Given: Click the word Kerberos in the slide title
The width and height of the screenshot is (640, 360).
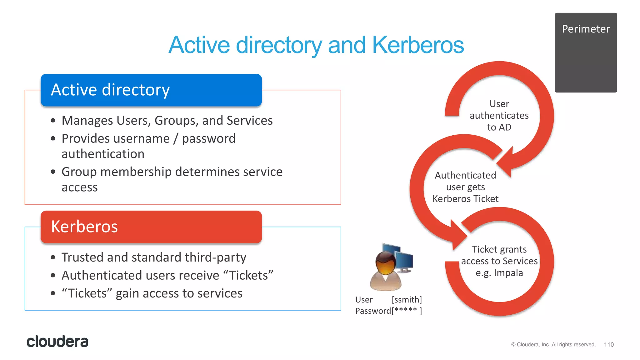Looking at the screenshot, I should pos(418,45).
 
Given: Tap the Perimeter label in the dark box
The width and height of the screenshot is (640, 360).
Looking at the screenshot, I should pos(586,29).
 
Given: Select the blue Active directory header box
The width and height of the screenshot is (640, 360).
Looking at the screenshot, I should pos(151,90).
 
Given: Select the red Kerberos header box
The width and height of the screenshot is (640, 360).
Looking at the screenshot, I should pos(151,227).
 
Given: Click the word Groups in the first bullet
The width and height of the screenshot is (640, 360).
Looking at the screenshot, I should pos(176,121).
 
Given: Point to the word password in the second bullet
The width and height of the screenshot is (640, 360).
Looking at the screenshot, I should pos(208,139).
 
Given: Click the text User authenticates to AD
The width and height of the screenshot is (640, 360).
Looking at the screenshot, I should pos(499,116).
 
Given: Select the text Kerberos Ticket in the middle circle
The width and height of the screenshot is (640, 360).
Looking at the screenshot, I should pos(465,199).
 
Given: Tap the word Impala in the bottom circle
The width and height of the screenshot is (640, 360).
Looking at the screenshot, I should pos(508,273).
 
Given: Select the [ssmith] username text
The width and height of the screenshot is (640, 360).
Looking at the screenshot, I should pos(407,300).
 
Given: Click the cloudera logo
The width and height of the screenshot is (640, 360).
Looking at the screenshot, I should pos(57,342).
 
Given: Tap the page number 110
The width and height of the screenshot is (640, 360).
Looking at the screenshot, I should pos(608,344).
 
